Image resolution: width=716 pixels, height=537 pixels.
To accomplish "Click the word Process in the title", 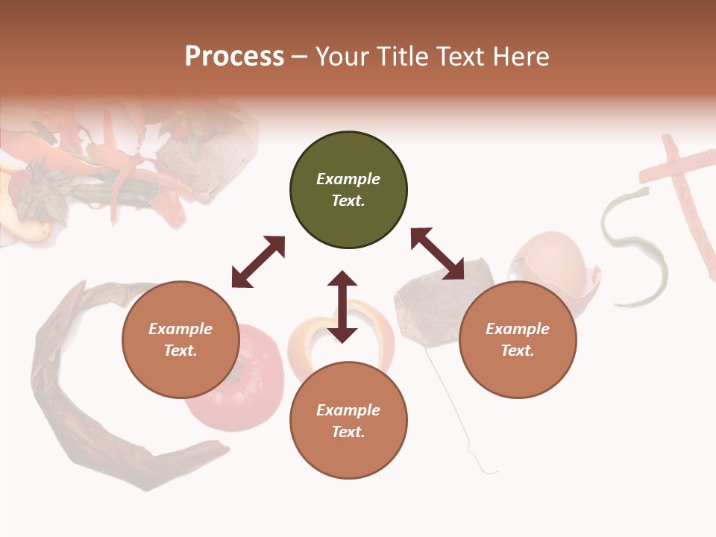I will tap(234, 57).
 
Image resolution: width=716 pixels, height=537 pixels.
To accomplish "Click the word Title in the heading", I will tap(400, 57).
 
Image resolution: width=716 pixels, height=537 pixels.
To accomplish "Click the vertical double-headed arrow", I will tap(342, 307).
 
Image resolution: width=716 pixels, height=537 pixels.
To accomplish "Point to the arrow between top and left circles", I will tap(258, 262).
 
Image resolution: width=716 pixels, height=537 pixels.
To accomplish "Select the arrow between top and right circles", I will tap(437, 254).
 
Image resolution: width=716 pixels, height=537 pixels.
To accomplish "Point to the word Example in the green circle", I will tap(348, 179).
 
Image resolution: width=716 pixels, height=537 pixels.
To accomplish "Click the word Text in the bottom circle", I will tap(347, 432).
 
